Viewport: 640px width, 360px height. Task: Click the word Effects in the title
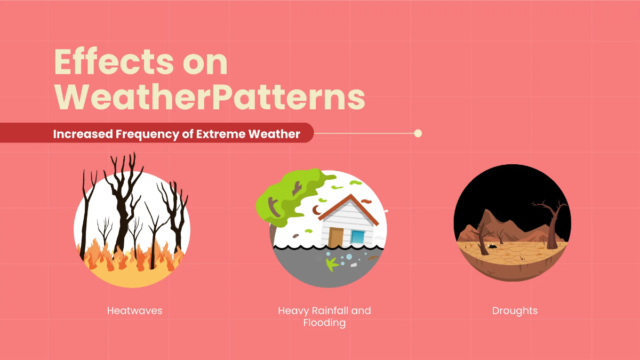point(107,63)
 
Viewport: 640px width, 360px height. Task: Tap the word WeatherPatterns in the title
point(210,97)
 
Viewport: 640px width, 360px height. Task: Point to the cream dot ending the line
point(418,133)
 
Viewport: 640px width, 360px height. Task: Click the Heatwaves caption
point(134,310)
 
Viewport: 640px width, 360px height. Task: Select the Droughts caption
point(515,310)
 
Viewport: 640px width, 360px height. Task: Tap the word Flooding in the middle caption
point(324,323)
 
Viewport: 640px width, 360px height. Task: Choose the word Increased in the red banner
point(83,133)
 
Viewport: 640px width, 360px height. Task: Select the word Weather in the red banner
point(274,133)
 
